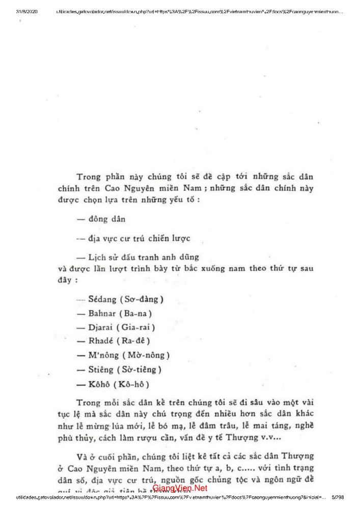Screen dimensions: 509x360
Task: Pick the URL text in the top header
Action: point(199,11)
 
